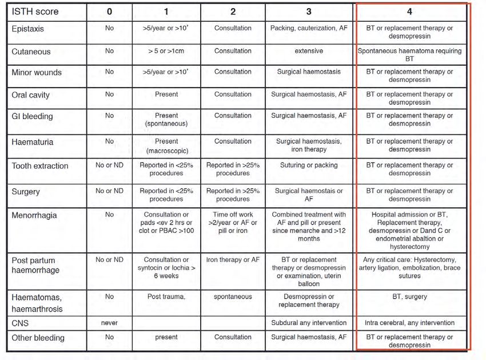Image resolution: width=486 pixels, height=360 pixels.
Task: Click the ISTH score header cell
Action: tap(35, 11)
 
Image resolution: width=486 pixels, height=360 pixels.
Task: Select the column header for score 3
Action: tap(309, 11)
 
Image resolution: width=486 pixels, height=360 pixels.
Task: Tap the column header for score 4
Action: tap(409, 11)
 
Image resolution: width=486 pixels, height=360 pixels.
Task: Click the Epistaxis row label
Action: tap(27, 28)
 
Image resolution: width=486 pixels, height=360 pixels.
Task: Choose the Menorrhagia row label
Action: tap(34, 216)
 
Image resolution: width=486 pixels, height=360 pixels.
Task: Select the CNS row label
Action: tap(21, 323)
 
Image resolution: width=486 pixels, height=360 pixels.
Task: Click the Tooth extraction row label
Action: tap(40, 166)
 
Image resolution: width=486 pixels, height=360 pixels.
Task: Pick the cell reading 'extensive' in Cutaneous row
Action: tap(309, 51)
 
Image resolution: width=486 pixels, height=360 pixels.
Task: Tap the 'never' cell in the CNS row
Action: tap(109, 323)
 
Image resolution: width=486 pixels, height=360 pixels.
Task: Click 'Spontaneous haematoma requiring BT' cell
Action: tap(409, 54)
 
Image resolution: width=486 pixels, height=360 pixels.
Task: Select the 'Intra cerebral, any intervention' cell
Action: tap(409, 323)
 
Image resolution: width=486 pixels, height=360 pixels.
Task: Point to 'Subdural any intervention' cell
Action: tap(309, 323)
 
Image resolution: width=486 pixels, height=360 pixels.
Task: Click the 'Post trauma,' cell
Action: tap(166, 297)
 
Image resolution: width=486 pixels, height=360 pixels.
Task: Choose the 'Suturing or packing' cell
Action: tap(309, 165)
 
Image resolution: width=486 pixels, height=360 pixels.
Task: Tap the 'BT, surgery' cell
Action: tap(409, 297)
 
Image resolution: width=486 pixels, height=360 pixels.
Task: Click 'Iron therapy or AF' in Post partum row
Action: tap(233, 260)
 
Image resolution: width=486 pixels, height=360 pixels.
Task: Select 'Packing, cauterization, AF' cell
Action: tap(309, 28)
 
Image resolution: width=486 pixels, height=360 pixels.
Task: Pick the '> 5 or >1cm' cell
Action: tap(166, 51)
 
